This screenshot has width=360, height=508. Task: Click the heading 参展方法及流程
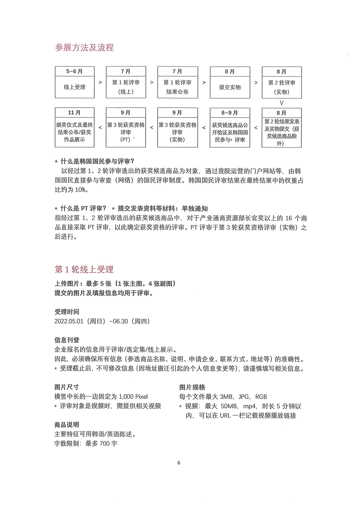tap(84, 48)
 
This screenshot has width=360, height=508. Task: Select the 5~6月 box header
tap(74, 71)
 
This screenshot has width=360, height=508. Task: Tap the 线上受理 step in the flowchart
tap(74, 87)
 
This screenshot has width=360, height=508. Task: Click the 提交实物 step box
tap(229, 87)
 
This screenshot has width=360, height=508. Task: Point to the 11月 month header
tap(74, 112)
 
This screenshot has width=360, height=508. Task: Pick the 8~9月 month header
tap(229, 112)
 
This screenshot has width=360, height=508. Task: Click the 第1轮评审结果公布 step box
tap(177, 87)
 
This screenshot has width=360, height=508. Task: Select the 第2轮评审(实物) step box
tap(282, 87)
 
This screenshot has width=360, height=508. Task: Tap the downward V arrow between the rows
tap(282, 102)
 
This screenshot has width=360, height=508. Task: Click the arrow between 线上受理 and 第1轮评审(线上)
tap(99, 83)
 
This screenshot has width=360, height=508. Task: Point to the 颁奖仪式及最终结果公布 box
tap(74, 132)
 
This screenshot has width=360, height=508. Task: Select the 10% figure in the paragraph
tap(79, 189)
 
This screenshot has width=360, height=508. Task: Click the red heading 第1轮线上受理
tap(84, 269)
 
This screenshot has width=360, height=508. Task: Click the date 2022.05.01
tap(70, 321)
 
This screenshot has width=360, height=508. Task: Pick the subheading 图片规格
tap(192, 387)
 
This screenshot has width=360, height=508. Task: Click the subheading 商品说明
tap(67, 425)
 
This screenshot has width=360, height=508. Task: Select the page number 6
tap(179, 463)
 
